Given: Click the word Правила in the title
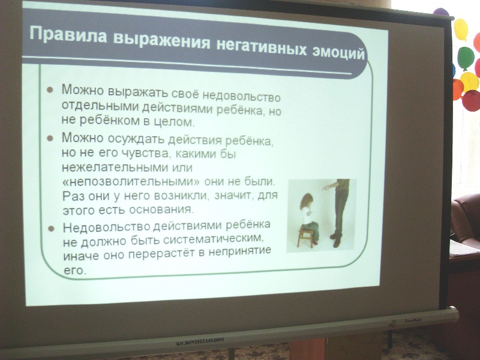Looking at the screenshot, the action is (68, 35).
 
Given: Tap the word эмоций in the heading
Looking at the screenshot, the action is (338, 52).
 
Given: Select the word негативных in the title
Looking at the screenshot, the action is (262, 47).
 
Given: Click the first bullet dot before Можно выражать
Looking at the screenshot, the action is (50, 89).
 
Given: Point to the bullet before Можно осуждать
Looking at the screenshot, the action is (50, 139).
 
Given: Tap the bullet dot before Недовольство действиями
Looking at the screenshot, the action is (51, 229).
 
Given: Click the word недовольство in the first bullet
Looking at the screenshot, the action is (242, 97).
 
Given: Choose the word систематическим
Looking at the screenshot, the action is (214, 238).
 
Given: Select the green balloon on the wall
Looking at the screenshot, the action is (466, 58).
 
